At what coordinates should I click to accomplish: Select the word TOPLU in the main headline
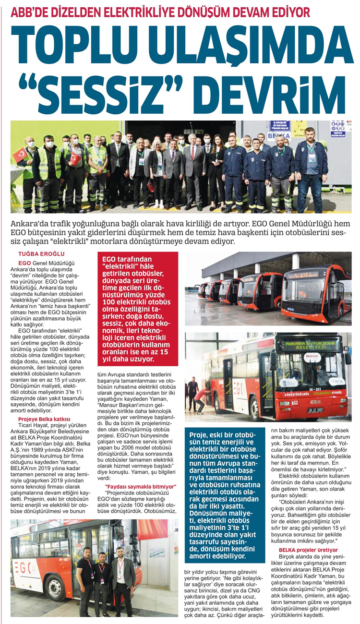(x=82, y=42)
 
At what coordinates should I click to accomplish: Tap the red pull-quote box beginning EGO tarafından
(x=137, y=309)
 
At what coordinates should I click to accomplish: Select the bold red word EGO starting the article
(x=24, y=264)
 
